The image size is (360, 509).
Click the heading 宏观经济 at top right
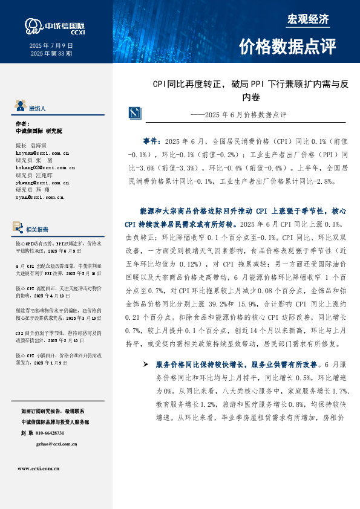click(308, 19)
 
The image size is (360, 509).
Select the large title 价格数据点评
click(287, 47)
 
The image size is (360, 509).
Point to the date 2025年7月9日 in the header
click(51, 45)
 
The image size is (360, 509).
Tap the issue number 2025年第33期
click(51, 54)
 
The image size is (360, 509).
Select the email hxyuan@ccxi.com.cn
click(41, 154)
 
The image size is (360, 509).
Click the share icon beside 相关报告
click(19, 229)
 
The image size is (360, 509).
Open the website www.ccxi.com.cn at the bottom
click(38, 468)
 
